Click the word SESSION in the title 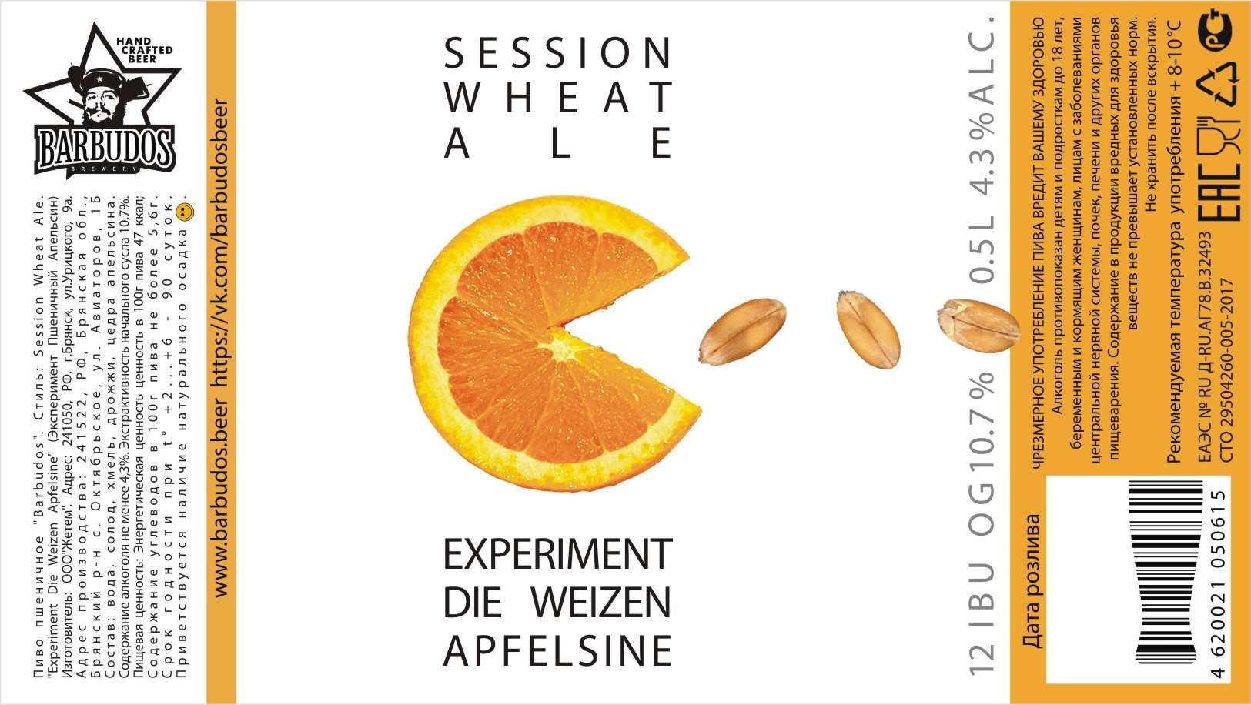(x=557, y=53)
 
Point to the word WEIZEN (x=600, y=603)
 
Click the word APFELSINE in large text (x=557, y=650)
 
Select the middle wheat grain (x=868, y=329)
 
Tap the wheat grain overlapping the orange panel (x=978, y=326)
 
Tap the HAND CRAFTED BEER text (x=144, y=50)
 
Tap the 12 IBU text (x=982, y=619)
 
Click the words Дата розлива (x=1032, y=580)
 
